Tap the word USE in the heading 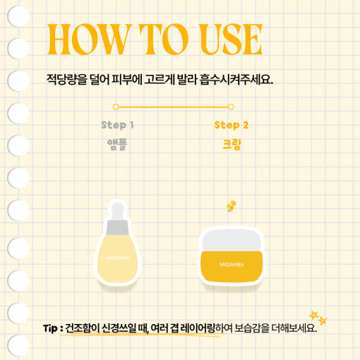231,39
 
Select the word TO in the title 164,39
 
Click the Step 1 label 117,125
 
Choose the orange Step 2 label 232,125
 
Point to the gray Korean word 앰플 117,145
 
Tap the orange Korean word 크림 232,145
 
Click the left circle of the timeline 116,107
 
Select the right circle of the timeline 231,107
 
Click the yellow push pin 231,206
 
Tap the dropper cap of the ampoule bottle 118,211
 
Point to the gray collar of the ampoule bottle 117,227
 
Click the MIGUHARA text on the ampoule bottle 117,258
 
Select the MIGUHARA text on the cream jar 232,265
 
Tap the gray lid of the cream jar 232,240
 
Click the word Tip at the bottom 50,328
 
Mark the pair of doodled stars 318,318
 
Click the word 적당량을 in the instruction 67,80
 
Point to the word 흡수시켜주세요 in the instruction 236,80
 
